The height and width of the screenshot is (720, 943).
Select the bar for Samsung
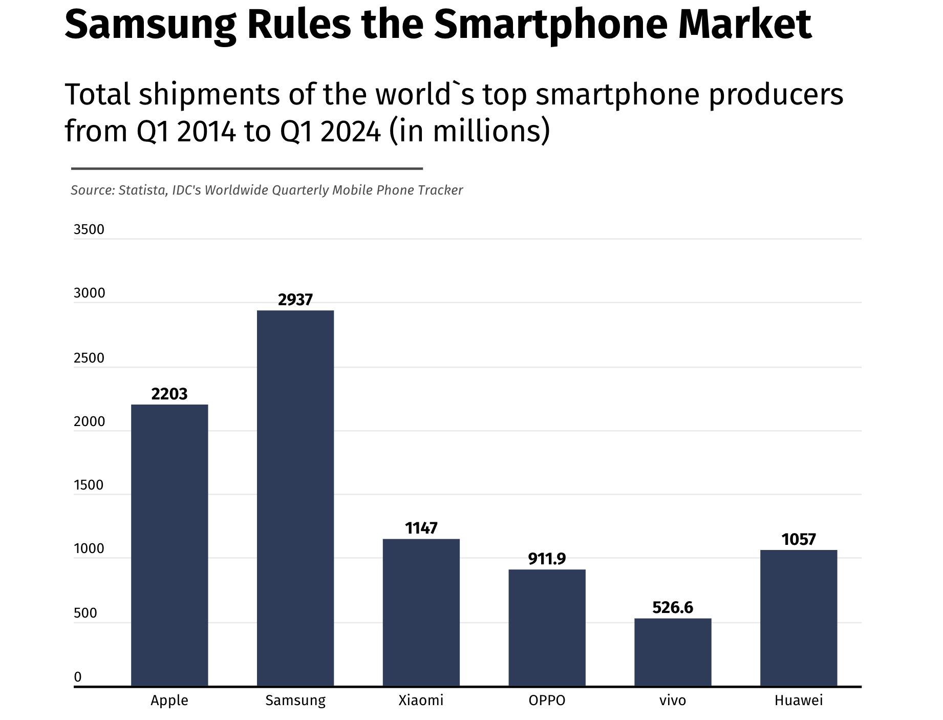point(295,498)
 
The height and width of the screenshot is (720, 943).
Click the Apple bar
point(169,545)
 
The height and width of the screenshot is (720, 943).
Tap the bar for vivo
point(673,652)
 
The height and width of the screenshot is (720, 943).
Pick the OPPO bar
point(547,627)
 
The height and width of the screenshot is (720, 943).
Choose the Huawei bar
point(799,618)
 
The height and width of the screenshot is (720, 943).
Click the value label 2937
point(295,300)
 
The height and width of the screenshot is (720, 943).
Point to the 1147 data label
point(421,528)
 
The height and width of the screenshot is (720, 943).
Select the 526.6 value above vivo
point(673,608)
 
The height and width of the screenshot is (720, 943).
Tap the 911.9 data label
point(547,559)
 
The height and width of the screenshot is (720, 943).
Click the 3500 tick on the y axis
point(89,229)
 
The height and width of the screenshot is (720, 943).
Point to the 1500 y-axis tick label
point(89,485)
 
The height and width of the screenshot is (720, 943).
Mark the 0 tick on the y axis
point(78,677)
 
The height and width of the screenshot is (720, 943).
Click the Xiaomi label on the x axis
point(421,701)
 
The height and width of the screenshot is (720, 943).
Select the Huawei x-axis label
point(799,701)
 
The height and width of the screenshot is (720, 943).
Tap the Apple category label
point(169,701)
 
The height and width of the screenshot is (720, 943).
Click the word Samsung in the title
point(150,25)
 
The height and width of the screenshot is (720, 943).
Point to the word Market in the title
point(745,24)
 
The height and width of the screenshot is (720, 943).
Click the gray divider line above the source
point(247,168)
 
